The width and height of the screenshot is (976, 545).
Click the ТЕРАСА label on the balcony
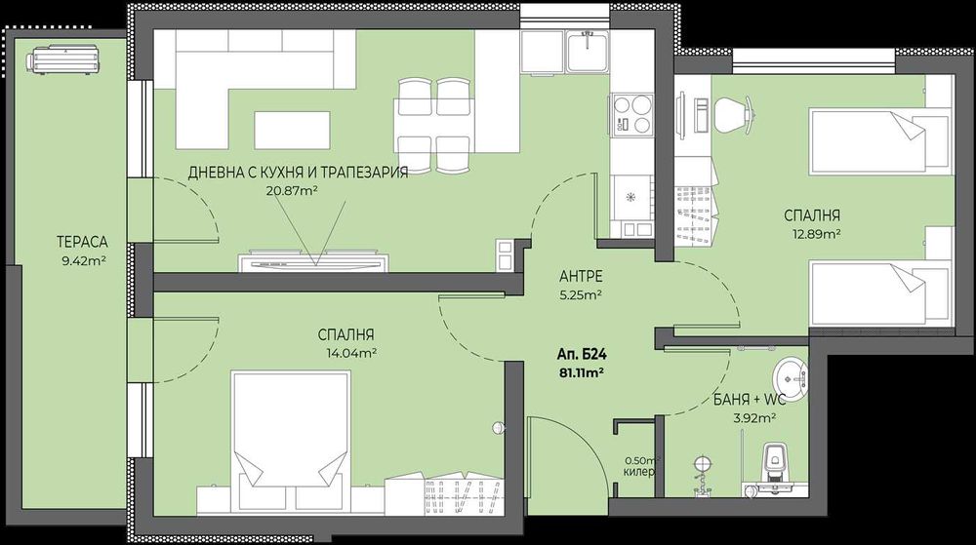tap(81, 242)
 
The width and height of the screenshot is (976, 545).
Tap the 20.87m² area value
tap(294, 191)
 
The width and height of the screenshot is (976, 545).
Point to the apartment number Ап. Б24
tap(579, 355)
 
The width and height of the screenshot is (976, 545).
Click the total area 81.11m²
tap(580, 371)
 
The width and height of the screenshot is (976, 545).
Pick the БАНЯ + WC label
tap(748, 399)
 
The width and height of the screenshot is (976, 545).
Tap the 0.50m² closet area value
tap(642, 460)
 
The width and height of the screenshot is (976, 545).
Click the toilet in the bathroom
tap(777, 459)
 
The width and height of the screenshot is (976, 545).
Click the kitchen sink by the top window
tap(587, 48)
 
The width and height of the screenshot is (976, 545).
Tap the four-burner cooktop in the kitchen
tap(632, 115)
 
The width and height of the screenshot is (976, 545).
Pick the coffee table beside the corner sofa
tap(287, 129)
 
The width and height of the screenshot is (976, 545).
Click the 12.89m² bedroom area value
tap(818, 234)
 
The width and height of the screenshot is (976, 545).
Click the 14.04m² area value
tap(347, 353)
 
